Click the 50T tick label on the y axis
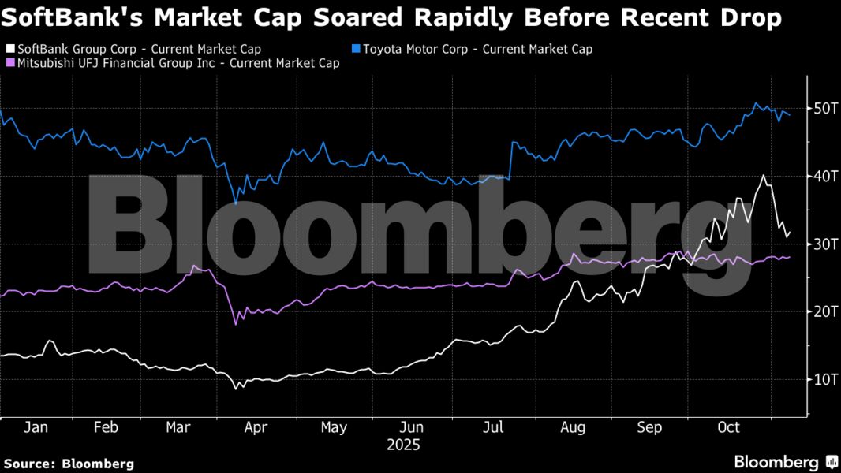[x=824, y=108]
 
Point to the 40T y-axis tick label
[x=824, y=176]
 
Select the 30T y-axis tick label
[x=824, y=244]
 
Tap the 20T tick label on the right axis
[x=824, y=311]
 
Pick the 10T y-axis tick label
[x=824, y=379]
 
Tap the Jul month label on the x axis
[x=494, y=427]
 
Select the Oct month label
[x=727, y=427]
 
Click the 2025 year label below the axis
[x=404, y=445]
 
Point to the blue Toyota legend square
[x=356, y=50]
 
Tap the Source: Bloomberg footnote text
[x=69, y=464]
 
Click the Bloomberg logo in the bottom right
[x=786, y=462]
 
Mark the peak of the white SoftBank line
[x=763, y=176]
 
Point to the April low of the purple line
[x=235, y=323]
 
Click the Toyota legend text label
[x=477, y=50]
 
